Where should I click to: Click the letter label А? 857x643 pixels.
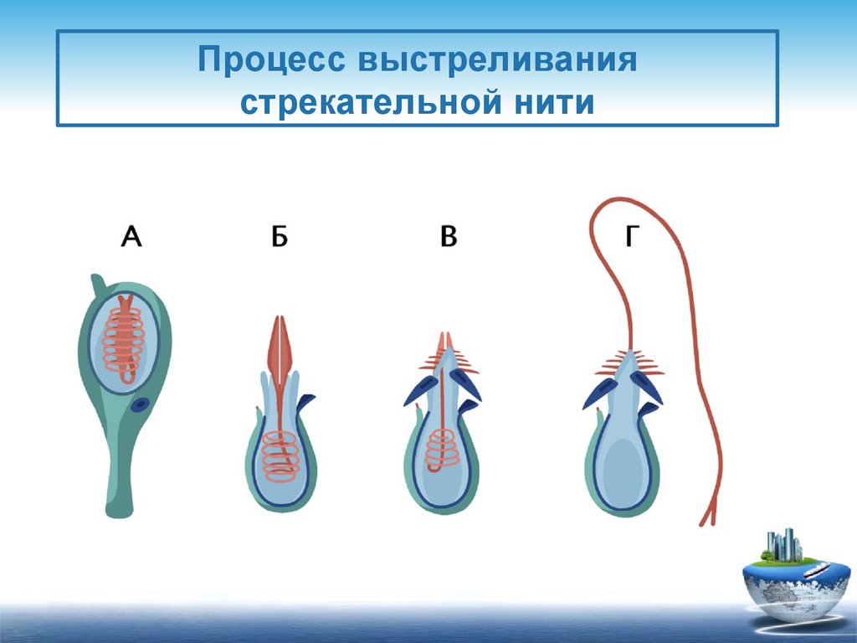[131, 237]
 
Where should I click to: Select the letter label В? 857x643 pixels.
[449, 237]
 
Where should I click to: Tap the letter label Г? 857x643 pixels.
[631, 237]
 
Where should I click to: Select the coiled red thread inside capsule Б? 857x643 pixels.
[281, 456]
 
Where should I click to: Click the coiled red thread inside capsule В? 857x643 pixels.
[442, 450]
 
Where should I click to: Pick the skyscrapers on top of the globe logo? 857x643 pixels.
[784, 544]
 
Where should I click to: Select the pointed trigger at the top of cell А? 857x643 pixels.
[97, 285]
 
